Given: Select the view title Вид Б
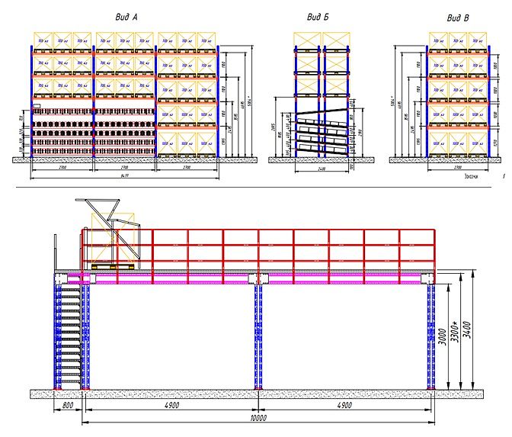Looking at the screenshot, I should pos(318,17).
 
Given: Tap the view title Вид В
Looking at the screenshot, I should pos(458,17).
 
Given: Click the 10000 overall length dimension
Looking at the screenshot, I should pos(258,419).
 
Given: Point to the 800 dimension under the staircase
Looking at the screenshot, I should pos(69,406).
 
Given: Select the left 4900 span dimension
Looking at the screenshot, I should pos(171,406).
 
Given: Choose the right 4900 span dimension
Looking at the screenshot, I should pos(345,406).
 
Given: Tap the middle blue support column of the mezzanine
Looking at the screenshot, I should pos(258,336).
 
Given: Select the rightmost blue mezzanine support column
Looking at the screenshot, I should pos(431,336).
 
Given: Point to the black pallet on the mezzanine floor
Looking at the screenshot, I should pos(110,267).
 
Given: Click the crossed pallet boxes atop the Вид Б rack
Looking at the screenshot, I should pos(322,38).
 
